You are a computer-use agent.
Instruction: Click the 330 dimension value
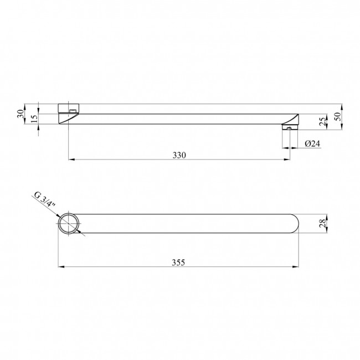[179, 156]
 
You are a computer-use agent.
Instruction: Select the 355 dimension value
[178, 263]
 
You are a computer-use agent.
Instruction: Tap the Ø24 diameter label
[312, 144]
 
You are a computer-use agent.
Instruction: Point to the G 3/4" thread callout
[45, 199]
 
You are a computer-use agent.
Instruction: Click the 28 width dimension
[322, 223]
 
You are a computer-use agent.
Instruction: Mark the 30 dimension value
[20, 114]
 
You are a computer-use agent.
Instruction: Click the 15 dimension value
[34, 119]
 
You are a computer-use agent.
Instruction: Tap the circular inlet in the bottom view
[69, 223]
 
